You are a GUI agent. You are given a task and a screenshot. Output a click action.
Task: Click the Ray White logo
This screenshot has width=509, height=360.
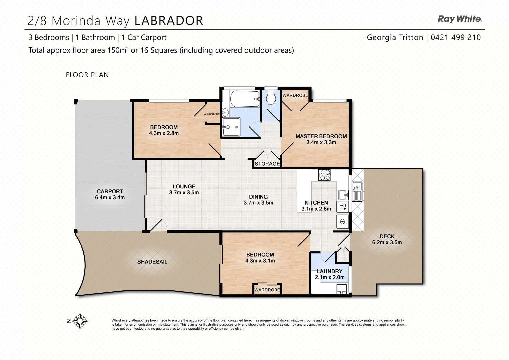(x=460, y=19)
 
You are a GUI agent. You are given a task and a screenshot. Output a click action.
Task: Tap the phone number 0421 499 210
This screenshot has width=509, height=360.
(x=456, y=37)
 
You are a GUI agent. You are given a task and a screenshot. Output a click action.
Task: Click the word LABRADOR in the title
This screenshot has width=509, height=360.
(x=169, y=21)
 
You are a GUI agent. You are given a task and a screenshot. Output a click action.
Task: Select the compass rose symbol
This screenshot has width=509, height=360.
(x=80, y=321)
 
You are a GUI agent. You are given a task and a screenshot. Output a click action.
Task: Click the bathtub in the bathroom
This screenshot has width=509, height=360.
(x=245, y=99)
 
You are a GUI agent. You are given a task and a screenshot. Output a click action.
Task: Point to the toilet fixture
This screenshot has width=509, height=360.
(x=271, y=97)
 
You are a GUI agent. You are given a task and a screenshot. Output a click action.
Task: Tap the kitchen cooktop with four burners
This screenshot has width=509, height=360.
(x=324, y=175)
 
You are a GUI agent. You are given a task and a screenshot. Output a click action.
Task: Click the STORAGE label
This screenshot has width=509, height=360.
(x=267, y=164)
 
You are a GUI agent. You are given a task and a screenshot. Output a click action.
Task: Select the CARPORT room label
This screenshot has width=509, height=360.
(x=110, y=191)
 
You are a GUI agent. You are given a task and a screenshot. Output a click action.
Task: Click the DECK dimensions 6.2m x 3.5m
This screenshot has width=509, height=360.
(x=387, y=242)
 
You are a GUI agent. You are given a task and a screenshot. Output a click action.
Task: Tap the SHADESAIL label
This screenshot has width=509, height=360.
(x=152, y=262)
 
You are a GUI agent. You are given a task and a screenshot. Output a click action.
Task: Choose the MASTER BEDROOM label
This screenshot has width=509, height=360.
(x=321, y=136)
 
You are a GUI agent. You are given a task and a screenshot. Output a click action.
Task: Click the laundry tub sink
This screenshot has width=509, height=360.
(x=341, y=289)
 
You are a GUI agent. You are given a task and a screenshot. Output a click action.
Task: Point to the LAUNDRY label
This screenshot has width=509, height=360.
(x=329, y=271)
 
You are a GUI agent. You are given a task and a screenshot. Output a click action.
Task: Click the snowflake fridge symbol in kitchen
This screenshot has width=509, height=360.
(x=342, y=221)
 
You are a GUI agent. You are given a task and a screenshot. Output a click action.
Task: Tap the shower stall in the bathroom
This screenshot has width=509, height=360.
(x=231, y=127)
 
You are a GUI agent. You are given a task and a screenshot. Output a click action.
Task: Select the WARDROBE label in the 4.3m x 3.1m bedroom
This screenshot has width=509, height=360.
(x=267, y=290)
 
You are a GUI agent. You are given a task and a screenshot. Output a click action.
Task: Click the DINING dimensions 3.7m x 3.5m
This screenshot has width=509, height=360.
(x=258, y=203)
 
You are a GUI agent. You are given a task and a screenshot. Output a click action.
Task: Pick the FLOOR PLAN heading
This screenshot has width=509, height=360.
(x=87, y=75)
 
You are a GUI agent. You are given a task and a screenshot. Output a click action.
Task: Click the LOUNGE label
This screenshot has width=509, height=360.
(x=184, y=187)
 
